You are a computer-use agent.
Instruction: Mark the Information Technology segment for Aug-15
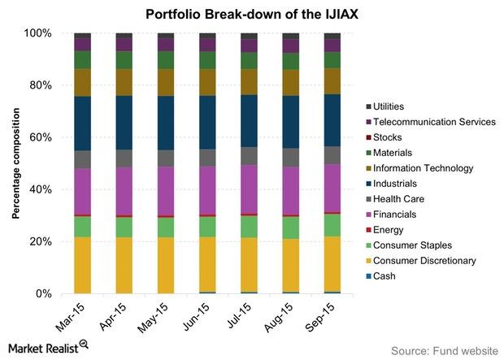coord(290,82)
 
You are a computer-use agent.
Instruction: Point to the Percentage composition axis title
coord(15,163)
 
